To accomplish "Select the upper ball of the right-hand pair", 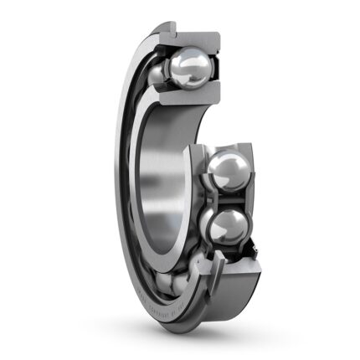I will point(225,172).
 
